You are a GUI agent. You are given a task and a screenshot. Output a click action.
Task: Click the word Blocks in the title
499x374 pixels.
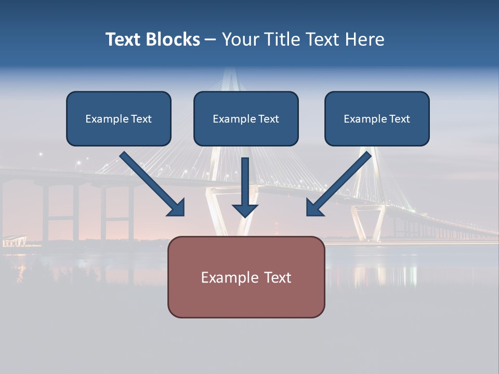[174, 39]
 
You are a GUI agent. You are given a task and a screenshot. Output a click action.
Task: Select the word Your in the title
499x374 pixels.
[238, 39]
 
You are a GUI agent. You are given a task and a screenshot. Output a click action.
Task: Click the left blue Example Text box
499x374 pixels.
[119, 118]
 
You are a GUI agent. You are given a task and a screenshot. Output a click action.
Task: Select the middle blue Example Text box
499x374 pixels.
[246, 118]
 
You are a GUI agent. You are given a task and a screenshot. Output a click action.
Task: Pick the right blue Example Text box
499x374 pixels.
[377, 118]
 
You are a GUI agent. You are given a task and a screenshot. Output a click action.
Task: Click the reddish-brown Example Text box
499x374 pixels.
[246, 277]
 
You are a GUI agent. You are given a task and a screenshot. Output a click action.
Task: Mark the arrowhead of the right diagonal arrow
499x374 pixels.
[314, 208]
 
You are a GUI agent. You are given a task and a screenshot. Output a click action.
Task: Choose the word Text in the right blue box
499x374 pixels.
[399, 119]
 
